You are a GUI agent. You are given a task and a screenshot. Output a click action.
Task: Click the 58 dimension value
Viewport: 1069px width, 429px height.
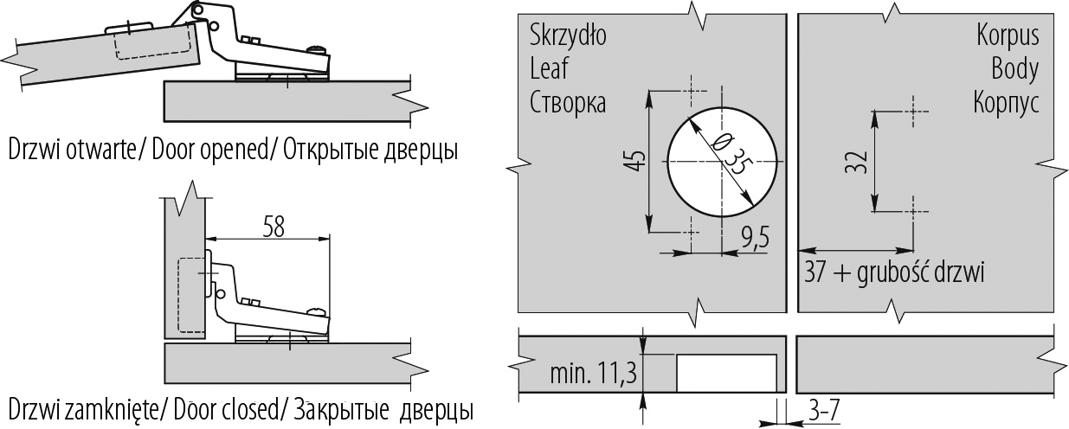tap(274, 226)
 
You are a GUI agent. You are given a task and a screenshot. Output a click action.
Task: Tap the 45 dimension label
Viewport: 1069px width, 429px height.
tap(636, 162)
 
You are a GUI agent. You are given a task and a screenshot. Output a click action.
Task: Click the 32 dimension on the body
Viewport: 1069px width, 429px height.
tap(856, 161)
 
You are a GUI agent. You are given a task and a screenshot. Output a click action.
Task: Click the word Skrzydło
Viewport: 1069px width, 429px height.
tap(568, 37)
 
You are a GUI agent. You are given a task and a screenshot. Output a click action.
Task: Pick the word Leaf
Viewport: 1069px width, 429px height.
tap(548, 69)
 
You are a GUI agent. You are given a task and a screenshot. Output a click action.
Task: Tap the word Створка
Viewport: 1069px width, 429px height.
tap(568, 102)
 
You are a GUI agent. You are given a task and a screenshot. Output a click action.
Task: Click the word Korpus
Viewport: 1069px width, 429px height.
tap(1007, 37)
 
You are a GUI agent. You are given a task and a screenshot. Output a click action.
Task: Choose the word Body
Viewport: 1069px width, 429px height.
tap(1015, 69)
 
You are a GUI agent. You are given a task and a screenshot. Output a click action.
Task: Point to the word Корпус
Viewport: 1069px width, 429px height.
tap(1006, 102)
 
